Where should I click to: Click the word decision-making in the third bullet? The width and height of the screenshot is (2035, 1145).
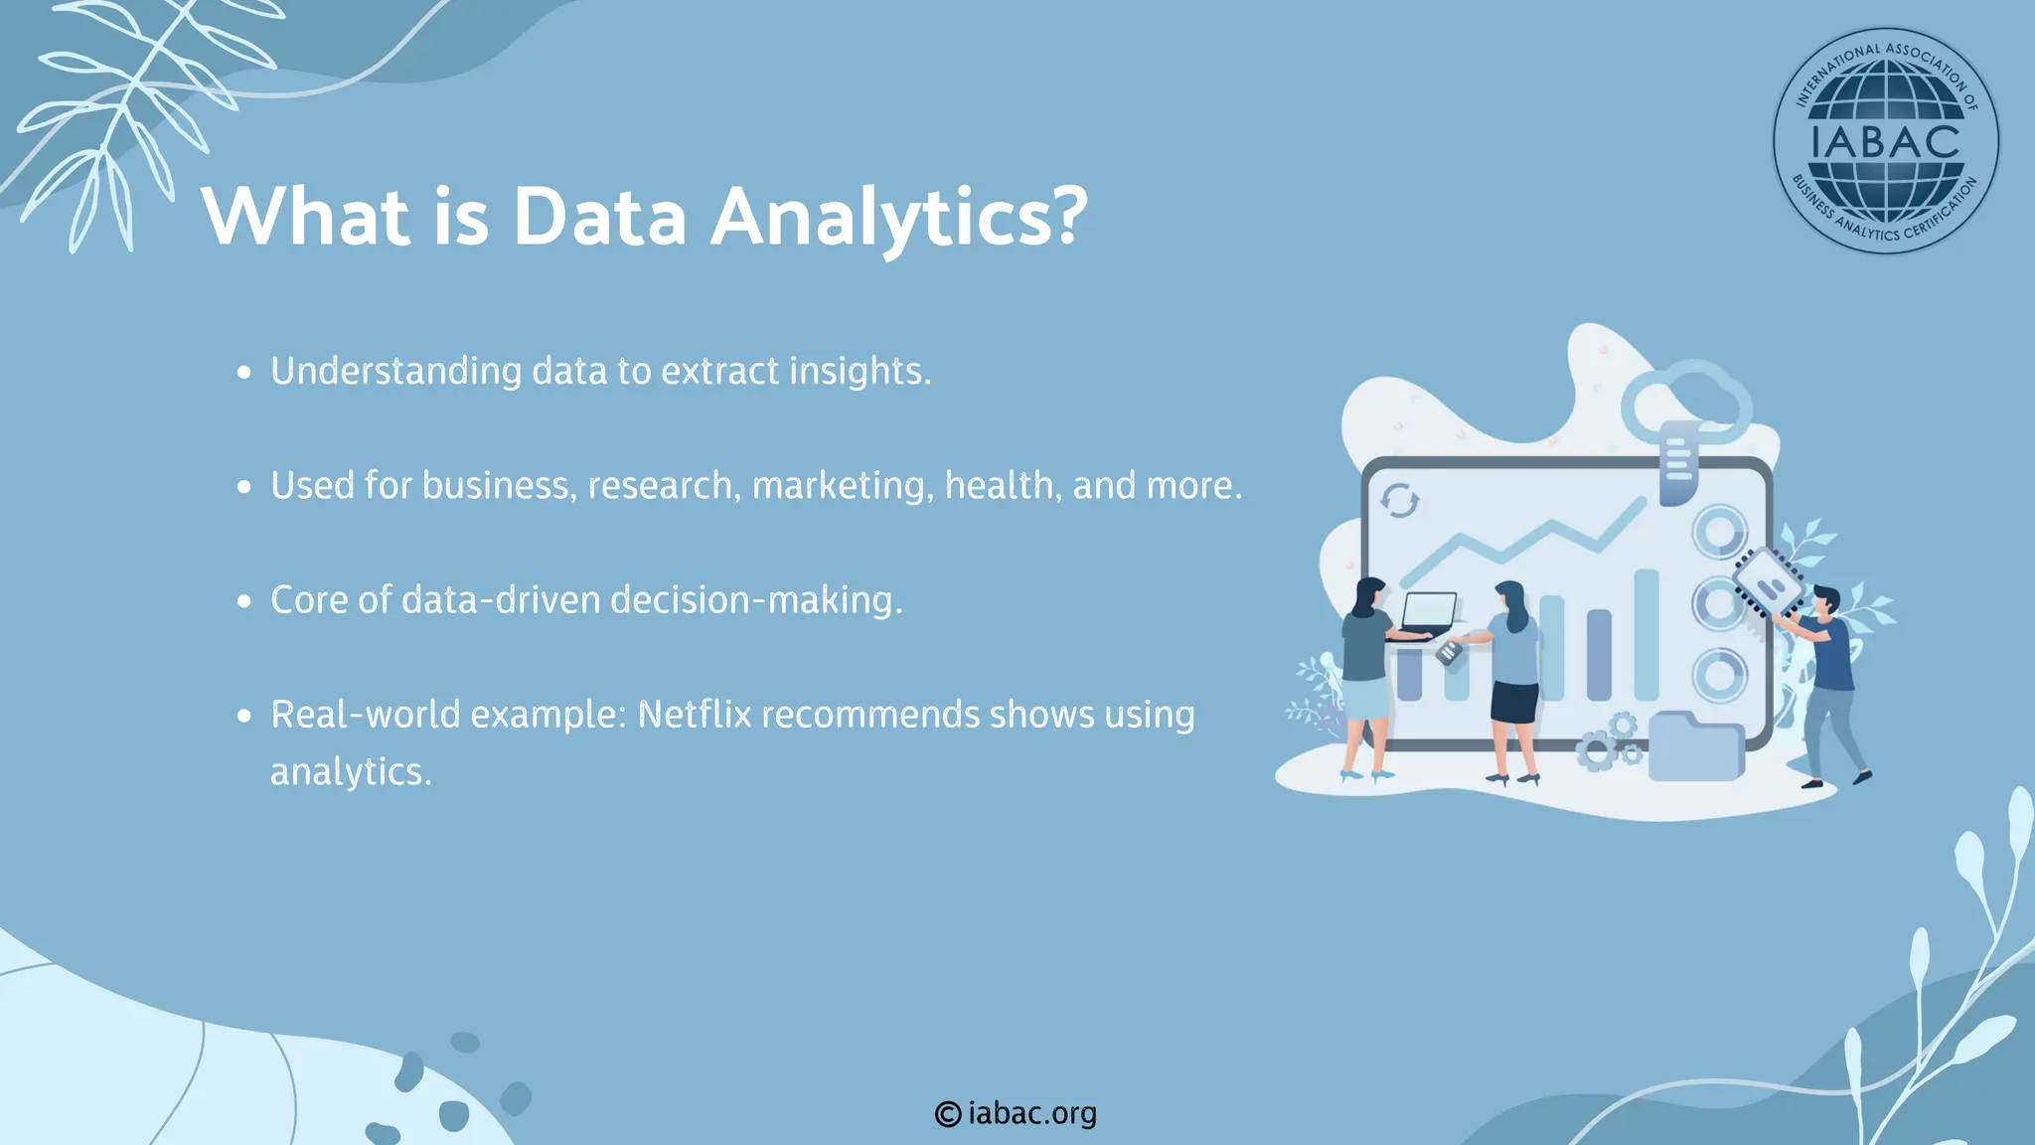pos(755,600)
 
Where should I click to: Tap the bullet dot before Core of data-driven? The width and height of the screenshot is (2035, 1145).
pos(244,601)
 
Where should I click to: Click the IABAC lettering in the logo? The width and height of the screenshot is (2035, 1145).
pos(1885,142)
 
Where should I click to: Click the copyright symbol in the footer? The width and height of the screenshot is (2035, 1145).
pos(948,1114)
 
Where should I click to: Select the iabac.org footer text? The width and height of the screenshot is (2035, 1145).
pos(1031,1113)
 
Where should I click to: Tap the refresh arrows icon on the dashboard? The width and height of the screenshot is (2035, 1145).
pos(1399,501)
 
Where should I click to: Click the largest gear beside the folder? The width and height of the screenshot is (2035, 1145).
pos(1597,751)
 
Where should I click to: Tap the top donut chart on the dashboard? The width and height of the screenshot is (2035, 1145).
pos(1719,533)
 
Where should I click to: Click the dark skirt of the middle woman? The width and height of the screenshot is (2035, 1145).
pos(1514,703)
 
